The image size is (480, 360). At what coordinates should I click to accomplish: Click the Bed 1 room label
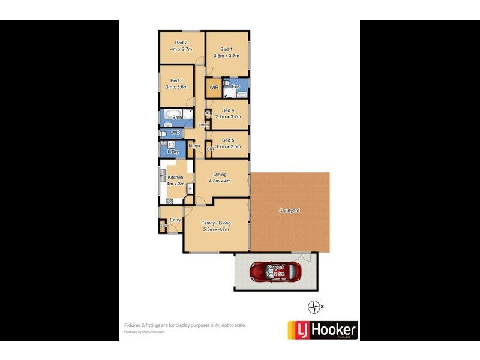[x=226, y=50]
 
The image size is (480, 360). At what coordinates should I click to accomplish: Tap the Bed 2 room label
[x=181, y=43]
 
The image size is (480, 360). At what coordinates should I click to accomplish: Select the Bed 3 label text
[x=176, y=80]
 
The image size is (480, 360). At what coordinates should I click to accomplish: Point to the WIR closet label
[x=214, y=88]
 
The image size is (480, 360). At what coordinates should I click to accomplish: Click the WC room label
[x=176, y=133]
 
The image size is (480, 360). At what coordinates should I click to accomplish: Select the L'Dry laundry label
[x=173, y=152]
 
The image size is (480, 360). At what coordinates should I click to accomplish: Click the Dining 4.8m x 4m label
[x=220, y=178]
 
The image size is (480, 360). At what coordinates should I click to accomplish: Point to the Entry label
[x=175, y=220]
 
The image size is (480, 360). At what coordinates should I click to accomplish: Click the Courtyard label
[x=289, y=211]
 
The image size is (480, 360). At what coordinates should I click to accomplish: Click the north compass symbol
[x=314, y=307]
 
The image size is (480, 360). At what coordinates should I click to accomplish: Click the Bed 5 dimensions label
[x=228, y=146]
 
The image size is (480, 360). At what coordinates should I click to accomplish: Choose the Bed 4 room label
[x=228, y=110]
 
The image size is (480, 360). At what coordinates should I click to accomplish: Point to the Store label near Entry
[x=163, y=226]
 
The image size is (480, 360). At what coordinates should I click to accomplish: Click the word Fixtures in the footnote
[x=133, y=325]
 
